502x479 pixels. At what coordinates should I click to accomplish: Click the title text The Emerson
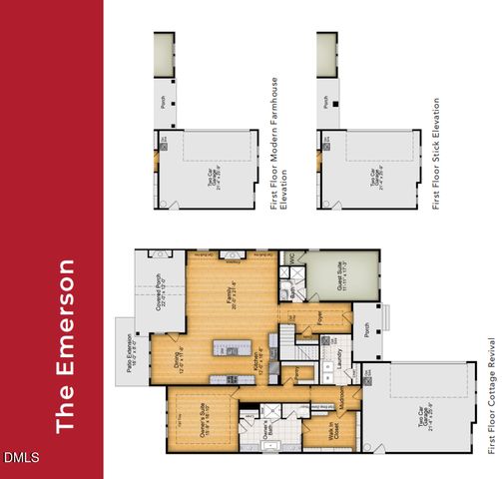pyautogui.click(x=66, y=346)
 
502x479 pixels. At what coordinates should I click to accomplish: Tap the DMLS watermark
pyautogui.click(x=20, y=458)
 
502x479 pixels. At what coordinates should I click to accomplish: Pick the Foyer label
pyautogui.click(x=319, y=318)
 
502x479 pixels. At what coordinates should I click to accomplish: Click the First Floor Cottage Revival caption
pyautogui.click(x=491, y=395)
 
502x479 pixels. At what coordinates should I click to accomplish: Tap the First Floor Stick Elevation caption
pyautogui.click(x=437, y=153)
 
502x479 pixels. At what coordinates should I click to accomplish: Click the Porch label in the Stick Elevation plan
pyautogui.click(x=326, y=101)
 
